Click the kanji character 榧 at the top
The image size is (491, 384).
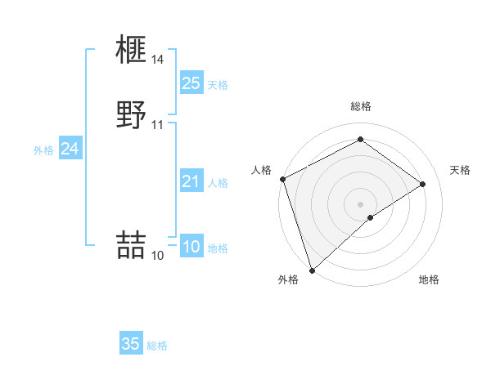tap(132, 51)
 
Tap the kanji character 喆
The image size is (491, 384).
tap(132, 246)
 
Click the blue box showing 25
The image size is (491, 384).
tap(191, 83)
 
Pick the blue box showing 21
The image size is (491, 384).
tap(191, 181)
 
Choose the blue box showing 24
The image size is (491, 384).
tap(70, 149)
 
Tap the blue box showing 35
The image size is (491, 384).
tap(131, 344)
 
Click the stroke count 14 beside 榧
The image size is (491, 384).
tap(158, 60)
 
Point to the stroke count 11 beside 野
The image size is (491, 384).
tap(158, 125)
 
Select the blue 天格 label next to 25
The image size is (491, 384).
tap(218, 85)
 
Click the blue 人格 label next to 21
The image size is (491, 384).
tap(218, 183)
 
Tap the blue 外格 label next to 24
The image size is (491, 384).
tap(43, 150)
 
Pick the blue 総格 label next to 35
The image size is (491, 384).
tap(157, 346)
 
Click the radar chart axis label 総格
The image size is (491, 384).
tap(361, 106)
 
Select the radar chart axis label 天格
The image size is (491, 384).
tap(461, 170)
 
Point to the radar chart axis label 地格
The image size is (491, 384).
tap(429, 279)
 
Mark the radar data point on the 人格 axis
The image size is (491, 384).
tap(282, 179)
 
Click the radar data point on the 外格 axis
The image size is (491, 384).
tap(312, 270)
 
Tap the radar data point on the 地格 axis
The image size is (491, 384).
tap(371, 217)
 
